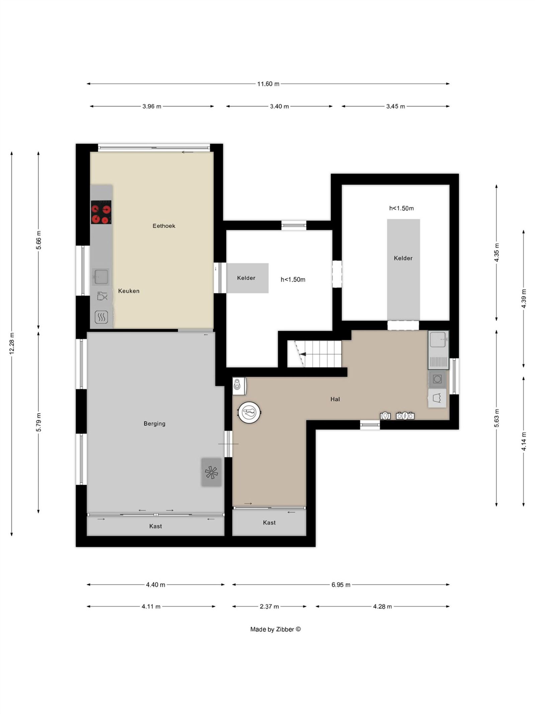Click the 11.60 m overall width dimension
(x=268, y=84)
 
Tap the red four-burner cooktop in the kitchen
(x=101, y=212)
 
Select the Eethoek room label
(x=164, y=226)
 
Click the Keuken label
(x=128, y=291)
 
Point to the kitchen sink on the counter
(x=101, y=276)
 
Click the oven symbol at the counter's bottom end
(x=101, y=317)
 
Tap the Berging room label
(x=154, y=423)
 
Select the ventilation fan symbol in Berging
(x=211, y=472)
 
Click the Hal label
(x=335, y=399)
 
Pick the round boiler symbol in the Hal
(x=249, y=412)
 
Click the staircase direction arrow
(x=303, y=354)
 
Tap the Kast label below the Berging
(x=155, y=526)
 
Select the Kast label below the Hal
(x=269, y=523)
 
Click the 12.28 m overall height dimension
(x=12, y=343)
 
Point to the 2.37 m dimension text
(x=269, y=607)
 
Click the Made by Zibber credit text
(x=275, y=629)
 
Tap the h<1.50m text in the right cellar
(x=401, y=208)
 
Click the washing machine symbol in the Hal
(x=437, y=379)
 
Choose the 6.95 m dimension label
(x=341, y=585)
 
